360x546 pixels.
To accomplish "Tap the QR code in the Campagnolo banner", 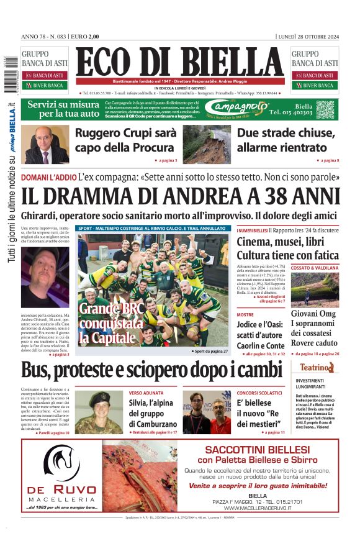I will pos(325,109).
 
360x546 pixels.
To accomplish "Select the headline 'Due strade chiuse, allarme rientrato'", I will pos(286,140).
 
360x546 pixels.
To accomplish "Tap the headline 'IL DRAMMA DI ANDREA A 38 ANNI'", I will pos(180,196).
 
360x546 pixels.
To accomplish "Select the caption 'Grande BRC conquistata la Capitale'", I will pos(112,323).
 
